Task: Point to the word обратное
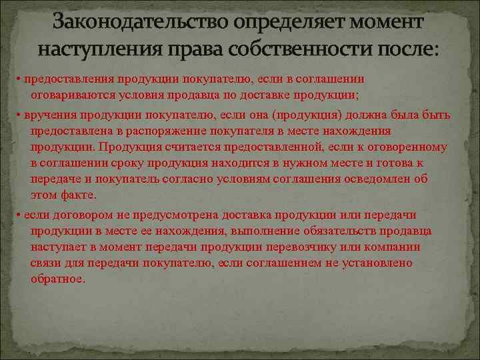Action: coord(57,279)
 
